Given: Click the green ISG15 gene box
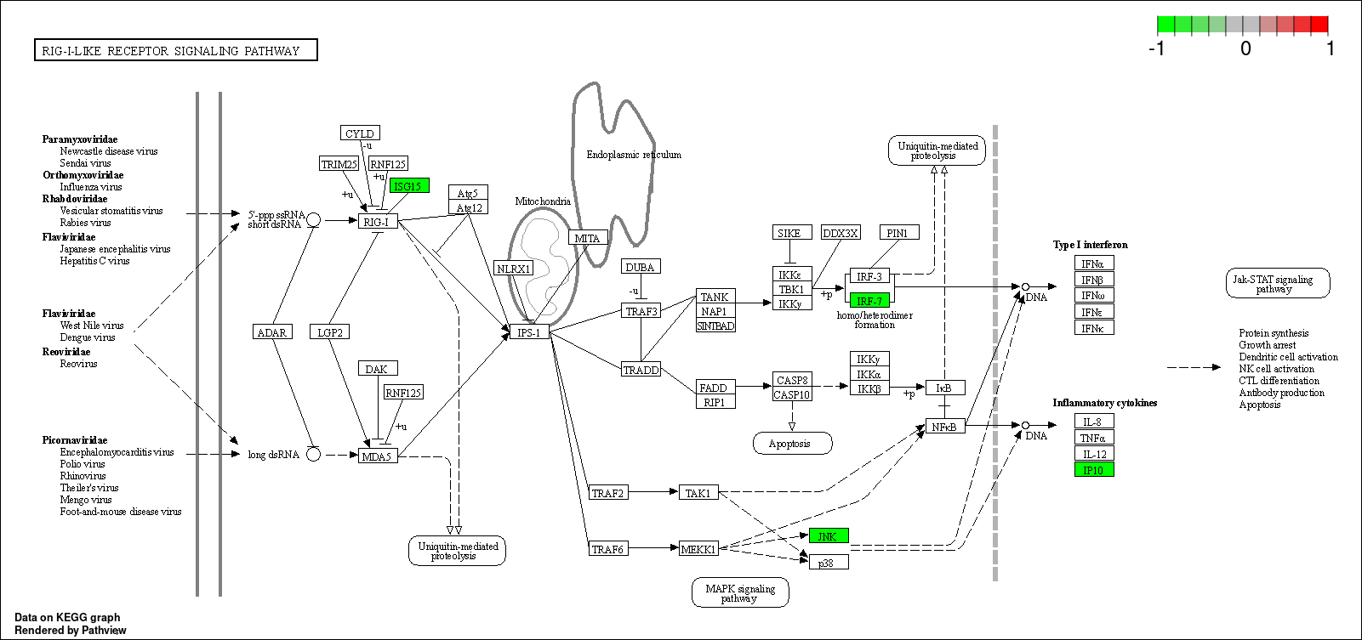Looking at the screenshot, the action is click(409, 186).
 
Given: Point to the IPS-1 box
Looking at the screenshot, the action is click(529, 332).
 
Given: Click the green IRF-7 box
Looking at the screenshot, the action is click(869, 300).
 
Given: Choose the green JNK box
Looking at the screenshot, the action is click(829, 535).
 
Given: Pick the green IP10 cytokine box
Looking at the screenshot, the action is click(1094, 469).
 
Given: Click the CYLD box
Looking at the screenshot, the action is click(360, 133).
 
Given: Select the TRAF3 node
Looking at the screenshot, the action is click(641, 311).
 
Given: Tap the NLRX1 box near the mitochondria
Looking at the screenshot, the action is click(514, 268).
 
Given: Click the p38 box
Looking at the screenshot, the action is click(829, 563).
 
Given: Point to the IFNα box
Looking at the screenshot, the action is click(1094, 263).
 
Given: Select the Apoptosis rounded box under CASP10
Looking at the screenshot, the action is click(792, 444).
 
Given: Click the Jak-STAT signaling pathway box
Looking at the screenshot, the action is click(1278, 284).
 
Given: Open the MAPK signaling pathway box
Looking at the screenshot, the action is click(740, 592).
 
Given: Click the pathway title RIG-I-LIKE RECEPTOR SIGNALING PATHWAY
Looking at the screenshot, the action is click(176, 50).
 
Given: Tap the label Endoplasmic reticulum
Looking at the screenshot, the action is click(634, 155).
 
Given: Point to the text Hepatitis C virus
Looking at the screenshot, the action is click(94, 260).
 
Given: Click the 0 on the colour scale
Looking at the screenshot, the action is click(1245, 48).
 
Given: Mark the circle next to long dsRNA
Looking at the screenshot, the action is click(313, 454).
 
